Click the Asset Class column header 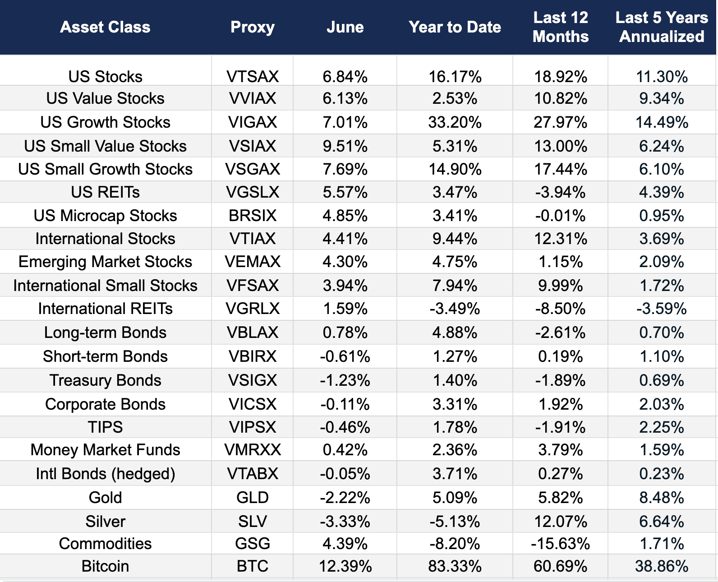tap(105, 27)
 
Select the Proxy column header tap(253, 27)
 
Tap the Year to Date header tap(455, 27)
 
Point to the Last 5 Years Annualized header tap(662, 27)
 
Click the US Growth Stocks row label tap(105, 122)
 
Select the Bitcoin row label tap(105, 566)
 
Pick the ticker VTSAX tap(253, 77)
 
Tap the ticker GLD tap(253, 498)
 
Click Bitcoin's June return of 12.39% tap(345, 566)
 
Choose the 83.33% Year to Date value tap(455, 566)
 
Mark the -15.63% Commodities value tap(560, 544)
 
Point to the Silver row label tap(105, 522)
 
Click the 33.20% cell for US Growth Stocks tap(455, 122)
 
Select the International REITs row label tap(105, 309)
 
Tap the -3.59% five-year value tap(662, 309)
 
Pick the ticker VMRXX tap(253, 450)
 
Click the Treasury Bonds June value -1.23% tap(345, 380)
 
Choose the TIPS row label tap(105, 427)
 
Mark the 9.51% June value tap(345, 146)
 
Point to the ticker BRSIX tap(253, 216)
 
